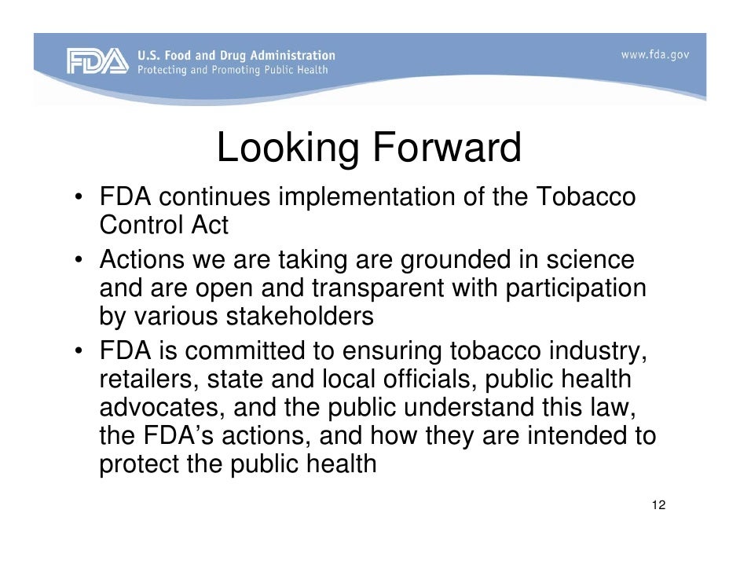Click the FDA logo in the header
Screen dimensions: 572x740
point(97,61)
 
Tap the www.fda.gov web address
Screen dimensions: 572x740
point(654,55)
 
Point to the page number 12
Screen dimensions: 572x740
point(658,504)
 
